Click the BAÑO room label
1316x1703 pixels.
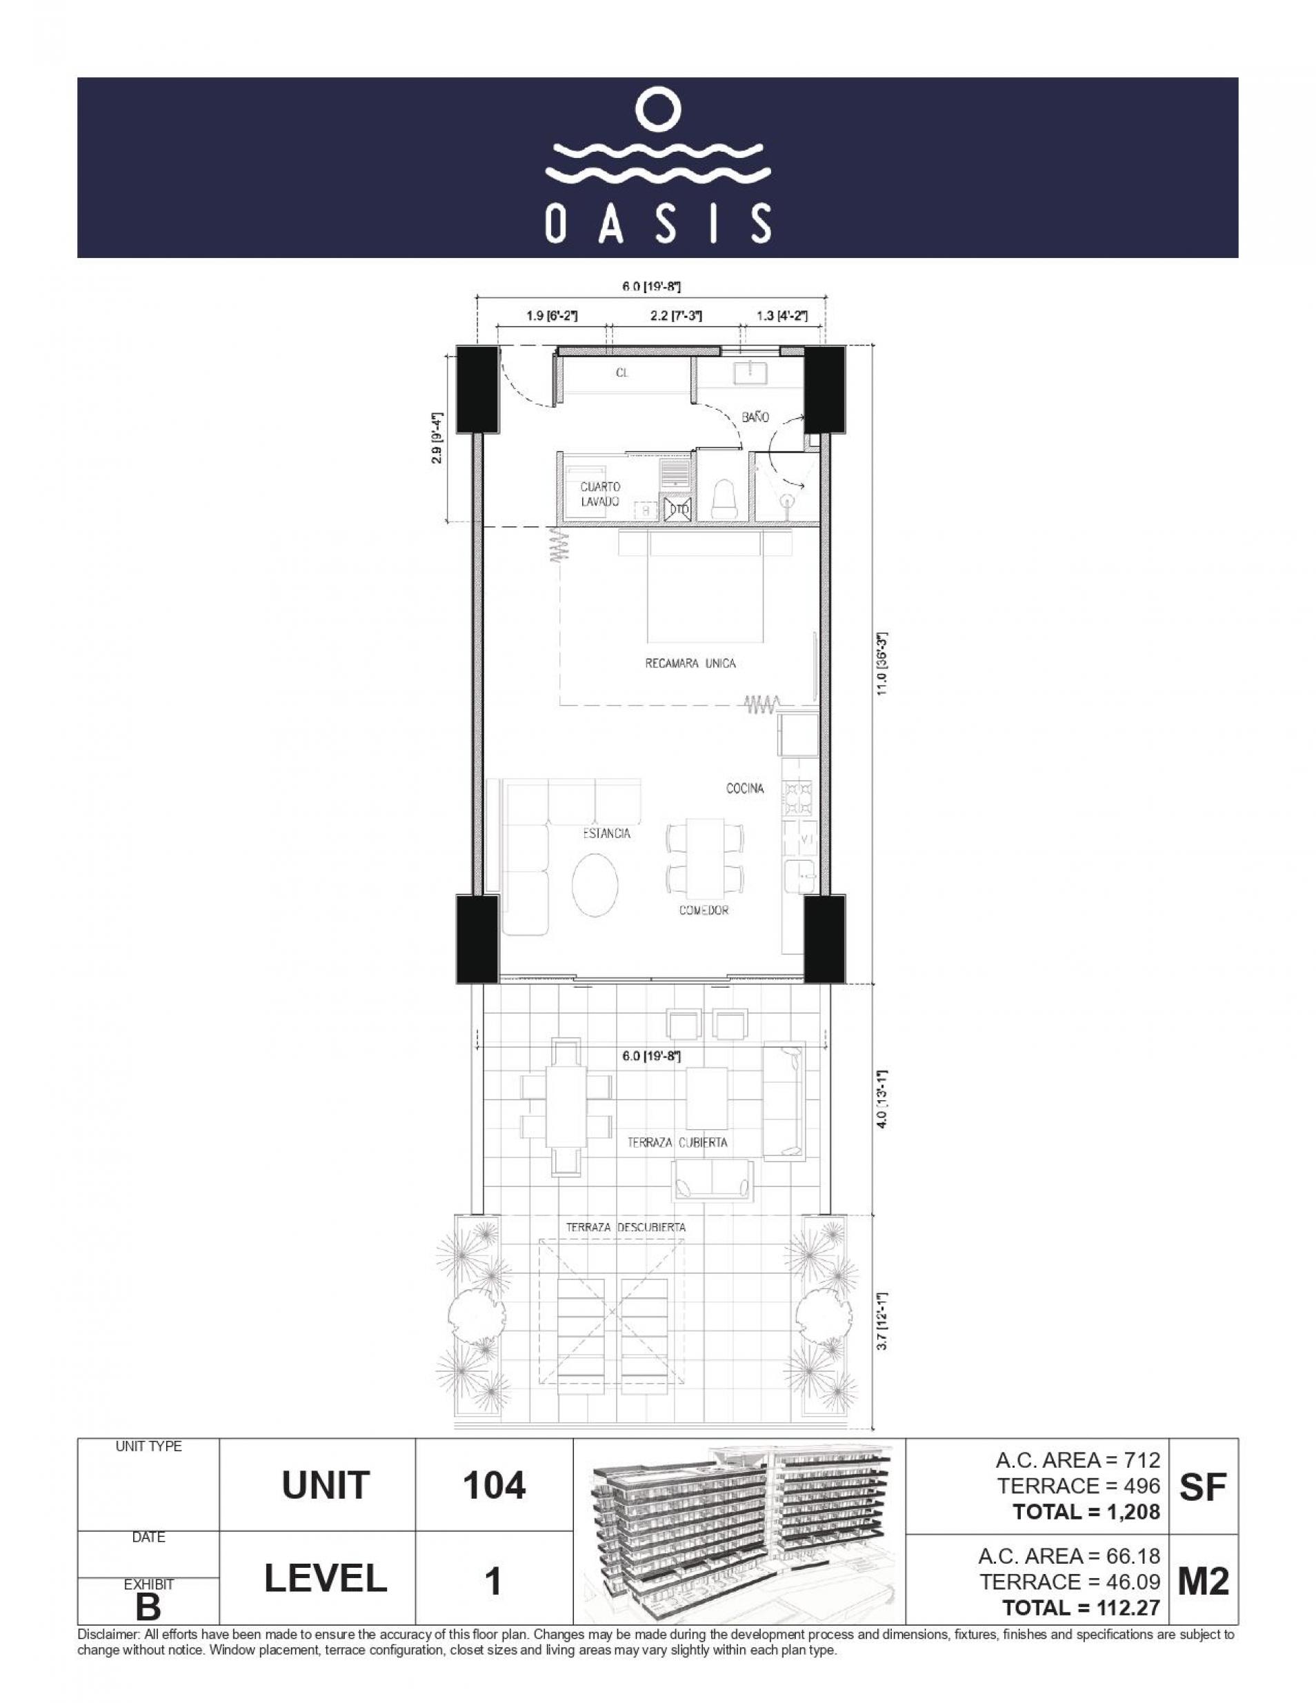click(755, 417)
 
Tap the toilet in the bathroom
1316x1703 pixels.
click(724, 497)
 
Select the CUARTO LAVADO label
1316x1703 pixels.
click(599, 495)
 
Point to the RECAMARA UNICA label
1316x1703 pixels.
click(690, 664)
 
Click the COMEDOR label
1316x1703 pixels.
click(704, 910)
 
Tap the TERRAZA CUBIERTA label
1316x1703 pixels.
click(677, 1142)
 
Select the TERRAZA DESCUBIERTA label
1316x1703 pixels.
click(626, 1226)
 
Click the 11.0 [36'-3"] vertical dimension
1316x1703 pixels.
click(883, 664)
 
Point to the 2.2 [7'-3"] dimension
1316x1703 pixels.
click(676, 316)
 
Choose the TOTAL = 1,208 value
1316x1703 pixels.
click(1086, 1512)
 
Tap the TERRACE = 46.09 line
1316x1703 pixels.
click(1070, 1582)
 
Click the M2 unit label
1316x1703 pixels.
click(1203, 1582)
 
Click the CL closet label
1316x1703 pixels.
click(622, 372)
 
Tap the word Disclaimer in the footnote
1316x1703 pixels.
click(107, 1633)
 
